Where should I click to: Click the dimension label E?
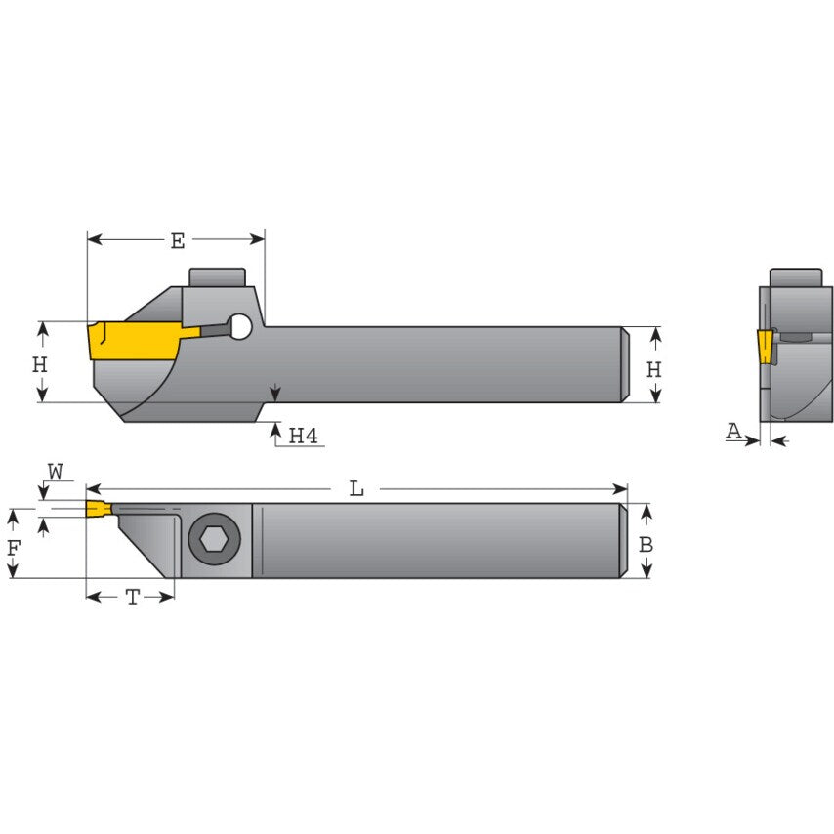click(177, 241)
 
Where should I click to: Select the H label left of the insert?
click(40, 365)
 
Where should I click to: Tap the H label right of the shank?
click(654, 370)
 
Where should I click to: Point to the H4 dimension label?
click(305, 436)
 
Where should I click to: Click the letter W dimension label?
click(55, 473)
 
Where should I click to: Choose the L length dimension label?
click(356, 489)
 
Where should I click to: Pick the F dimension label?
click(14, 548)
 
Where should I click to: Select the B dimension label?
click(646, 545)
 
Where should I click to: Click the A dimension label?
click(733, 430)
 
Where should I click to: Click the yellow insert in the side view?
click(132, 341)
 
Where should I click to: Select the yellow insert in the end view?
click(764, 346)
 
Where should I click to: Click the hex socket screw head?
click(214, 540)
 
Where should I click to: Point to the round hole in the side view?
click(239, 328)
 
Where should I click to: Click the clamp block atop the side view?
click(216, 278)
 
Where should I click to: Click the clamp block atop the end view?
click(795, 278)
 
